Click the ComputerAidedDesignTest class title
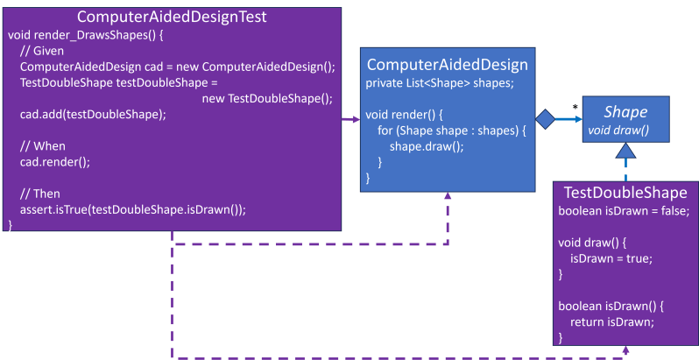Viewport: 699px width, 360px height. (x=173, y=16)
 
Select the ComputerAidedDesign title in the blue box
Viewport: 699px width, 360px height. (x=447, y=64)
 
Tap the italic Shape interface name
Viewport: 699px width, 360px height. (x=625, y=112)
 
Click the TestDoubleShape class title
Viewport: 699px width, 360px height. (x=625, y=192)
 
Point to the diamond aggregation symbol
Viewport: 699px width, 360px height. (x=545, y=120)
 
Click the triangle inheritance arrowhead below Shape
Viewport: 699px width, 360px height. (x=625, y=152)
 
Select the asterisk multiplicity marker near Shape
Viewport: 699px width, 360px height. (x=575, y=108)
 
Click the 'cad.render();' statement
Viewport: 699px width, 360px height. (x=54, y=162)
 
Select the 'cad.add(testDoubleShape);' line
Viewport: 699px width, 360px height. (x=92, y=114)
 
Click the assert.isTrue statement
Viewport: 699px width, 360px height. (x=132, y=208)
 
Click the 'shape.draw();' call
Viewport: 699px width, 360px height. (x=427, y=146)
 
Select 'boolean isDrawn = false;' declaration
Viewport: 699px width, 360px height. (x=624, y=211)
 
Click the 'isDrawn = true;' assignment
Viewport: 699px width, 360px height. (x=611, y=258)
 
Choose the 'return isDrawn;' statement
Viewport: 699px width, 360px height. (x=612, y=321)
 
